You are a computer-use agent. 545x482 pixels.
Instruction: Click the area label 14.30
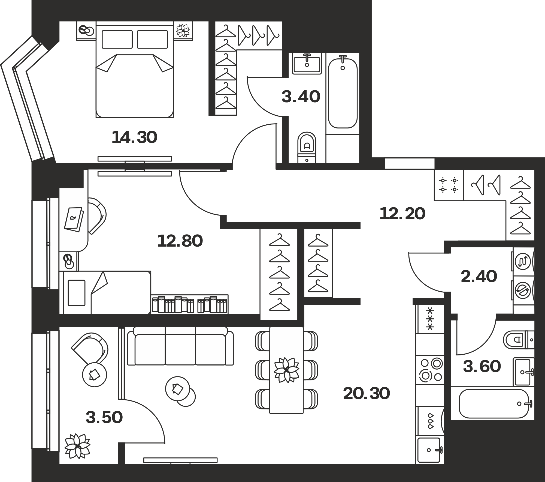tap(135, 137)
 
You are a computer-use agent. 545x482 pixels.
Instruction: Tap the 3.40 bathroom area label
tap(301, 97)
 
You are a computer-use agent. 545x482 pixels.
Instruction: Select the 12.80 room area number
tap(180, 241)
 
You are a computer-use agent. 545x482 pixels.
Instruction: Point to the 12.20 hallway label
tap(402, 214)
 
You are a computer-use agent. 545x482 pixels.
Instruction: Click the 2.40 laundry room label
tap(479, 277)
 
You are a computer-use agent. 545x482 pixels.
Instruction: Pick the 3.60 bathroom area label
tap(482, 366)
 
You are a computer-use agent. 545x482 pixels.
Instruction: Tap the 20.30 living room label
tap(367, 394)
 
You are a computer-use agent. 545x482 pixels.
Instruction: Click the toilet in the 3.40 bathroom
tap(307, 147)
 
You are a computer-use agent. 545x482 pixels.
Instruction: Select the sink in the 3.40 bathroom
tap(307, 63)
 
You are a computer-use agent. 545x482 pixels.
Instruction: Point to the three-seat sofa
tap(180, 346)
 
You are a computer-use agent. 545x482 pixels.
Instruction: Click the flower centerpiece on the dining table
tap(286, 370)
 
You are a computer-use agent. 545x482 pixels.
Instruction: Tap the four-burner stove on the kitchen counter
tap(430, 370)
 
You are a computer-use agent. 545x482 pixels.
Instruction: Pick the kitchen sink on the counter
tap(430, 450)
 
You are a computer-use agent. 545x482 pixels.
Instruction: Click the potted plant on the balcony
tap(77, 446)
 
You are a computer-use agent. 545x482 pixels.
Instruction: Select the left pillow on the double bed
tap(117, 40)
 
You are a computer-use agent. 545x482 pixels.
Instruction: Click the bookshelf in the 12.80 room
tap(190, 304)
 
